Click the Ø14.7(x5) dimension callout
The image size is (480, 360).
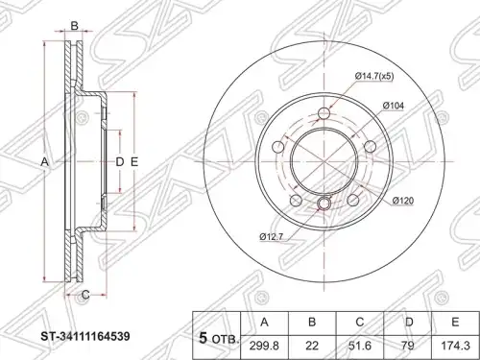[x=374, y=77]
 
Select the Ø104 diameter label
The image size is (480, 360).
[x=394, y=106]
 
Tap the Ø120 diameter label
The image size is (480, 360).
[x=403, y=201]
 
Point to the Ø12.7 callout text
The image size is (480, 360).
[x=271, y=237]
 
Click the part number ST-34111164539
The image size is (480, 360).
[x=84, y=336]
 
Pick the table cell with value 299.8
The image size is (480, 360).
[x=264, y=346]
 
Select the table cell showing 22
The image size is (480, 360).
[x=312, y=346]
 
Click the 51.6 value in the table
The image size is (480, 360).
[x=360, y=346]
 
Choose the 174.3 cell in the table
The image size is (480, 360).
[x=455, y=346]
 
